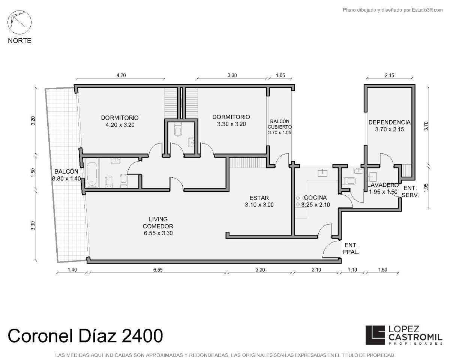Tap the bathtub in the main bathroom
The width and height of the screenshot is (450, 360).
coord(92,172)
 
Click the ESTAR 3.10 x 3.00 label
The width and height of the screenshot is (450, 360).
coord(259,201)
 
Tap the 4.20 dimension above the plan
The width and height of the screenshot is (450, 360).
coord(121,75)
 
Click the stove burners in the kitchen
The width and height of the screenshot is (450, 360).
coord(299,201)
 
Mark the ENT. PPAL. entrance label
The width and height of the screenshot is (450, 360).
coord(351,249)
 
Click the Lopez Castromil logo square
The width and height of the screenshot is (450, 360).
coord(375,335)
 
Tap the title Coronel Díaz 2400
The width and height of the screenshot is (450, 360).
coord(85,335)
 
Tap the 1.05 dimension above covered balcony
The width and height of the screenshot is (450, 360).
coord(280,75)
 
